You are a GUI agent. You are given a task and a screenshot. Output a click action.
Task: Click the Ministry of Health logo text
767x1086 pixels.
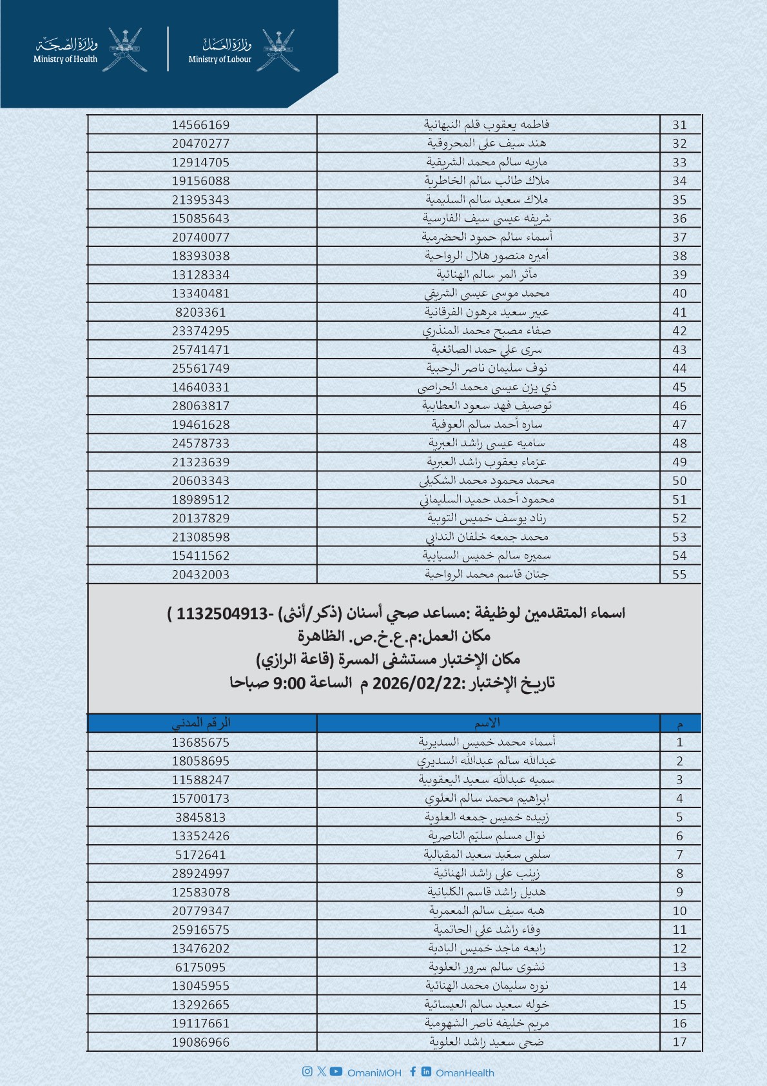[x=66, y=59]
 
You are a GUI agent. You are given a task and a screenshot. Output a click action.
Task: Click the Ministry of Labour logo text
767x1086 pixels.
[x=220, y=59]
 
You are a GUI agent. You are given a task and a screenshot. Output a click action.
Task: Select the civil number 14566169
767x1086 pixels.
[x=200, y=124]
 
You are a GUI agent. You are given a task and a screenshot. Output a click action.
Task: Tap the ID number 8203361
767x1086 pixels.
[x=200, y=312]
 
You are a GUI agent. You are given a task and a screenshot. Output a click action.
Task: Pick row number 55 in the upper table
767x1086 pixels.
[x=679, y=575]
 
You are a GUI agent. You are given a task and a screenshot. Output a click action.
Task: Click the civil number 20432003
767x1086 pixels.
[x=200, y=575]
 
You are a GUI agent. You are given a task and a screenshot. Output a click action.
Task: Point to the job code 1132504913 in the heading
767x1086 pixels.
[x=222, y=613]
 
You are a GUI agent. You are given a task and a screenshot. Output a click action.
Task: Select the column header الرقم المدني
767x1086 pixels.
[x=201, y=723]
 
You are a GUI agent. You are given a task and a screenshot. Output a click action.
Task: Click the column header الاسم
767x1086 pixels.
[x=487, y=723]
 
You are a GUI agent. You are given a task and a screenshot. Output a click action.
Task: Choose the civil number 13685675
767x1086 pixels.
[x=200, y=742]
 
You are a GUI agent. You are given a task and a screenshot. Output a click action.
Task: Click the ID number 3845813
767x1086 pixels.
[x=200, y=817]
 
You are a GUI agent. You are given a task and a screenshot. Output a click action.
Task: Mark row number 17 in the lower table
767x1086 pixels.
[x=679, y=1042]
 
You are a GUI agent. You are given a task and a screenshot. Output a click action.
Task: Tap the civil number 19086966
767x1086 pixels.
[x=200, y=1042]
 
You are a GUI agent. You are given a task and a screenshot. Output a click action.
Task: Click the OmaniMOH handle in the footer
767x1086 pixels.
[x=374, y=1072]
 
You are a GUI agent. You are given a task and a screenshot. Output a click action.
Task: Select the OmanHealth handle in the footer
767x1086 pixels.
[x=465, y=1072]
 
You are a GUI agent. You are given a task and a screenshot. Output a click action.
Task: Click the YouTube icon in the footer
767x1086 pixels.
[x=336, y=1071]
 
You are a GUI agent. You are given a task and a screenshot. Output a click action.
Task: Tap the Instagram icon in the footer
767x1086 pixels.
[x=307, y=1071]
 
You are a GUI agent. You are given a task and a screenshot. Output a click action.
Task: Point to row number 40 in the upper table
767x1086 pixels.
[x=679, y=293]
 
